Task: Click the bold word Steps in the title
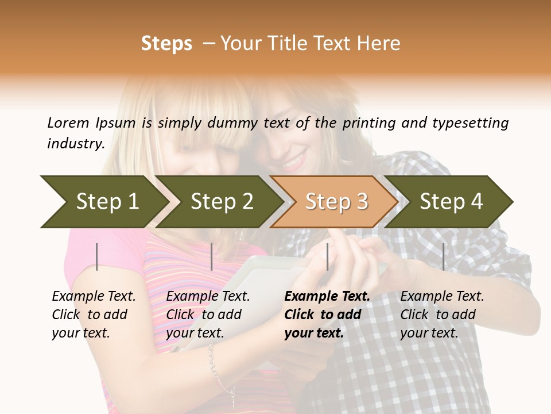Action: click(x=166, y=44)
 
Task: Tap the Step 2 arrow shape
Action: click(x=222, y=202)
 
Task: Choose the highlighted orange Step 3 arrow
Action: click(x=336, y=202)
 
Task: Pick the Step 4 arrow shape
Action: click(x=451, y=202)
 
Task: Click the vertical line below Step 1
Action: click(x=97, y=256)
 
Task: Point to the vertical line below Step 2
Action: click(x=212, y=256)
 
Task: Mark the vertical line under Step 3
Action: click(x=327, y=256)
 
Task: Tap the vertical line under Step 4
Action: click(x=443, y=256)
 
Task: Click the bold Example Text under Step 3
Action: click(x=327, y=297)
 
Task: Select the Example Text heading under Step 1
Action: click(x=94, y=297)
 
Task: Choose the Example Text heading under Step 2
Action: click(x=208, y=297)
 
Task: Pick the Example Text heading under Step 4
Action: click(x=442, y=297)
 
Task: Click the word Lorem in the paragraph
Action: click(x=68, y=123)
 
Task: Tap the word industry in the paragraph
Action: click(x=75, y=144)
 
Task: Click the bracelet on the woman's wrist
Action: click(x=216, y=368)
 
